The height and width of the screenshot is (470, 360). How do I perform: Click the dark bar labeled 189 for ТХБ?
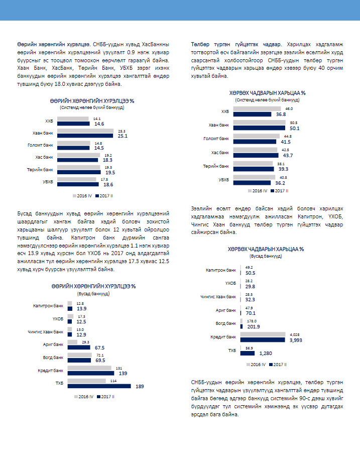[x=99, y=386]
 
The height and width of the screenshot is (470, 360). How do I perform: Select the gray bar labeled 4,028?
[x=263, y=334]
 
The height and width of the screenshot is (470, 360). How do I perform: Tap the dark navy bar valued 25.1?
[x=85, y=136]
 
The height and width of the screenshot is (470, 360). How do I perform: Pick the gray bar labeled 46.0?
[x=257, y=108]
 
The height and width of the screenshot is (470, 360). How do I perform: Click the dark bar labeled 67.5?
[x=79, y=347]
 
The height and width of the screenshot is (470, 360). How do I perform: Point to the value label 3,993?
[x=296, y=340]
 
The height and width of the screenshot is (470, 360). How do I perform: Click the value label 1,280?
[x=266, y=354]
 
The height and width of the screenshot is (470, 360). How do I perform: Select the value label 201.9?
[x=253, y=327]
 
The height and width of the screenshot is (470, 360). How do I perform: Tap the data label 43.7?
[x=288, y=156]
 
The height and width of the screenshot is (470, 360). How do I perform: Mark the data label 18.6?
[x=108, y=185]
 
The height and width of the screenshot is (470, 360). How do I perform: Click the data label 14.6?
[x=99, y=124]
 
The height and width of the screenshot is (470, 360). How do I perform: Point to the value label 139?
[x=123, y=374]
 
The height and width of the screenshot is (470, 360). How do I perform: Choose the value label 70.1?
[x=251, y=313]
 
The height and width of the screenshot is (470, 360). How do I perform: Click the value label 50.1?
[x=295, y=128]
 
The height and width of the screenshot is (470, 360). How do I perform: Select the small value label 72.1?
[x=100, y=355]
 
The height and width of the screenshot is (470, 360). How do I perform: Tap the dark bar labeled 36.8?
[x=252, y=114]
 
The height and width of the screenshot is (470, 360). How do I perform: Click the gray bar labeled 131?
[x=89, y=368]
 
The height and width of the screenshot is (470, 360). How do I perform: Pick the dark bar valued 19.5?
[x=79, y=172]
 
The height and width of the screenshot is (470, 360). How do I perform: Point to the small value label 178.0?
[x=252, y=321]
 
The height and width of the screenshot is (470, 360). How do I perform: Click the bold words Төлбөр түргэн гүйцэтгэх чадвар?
[x=236, y=44]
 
